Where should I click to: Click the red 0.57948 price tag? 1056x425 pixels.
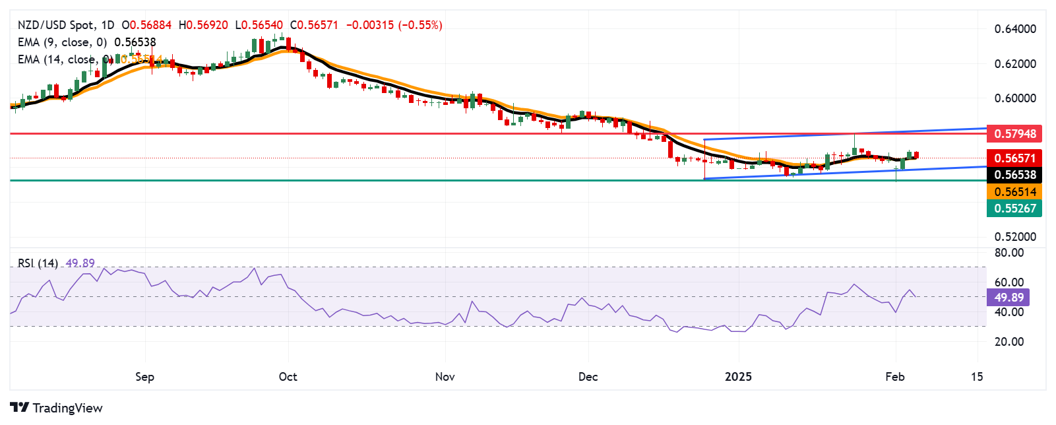1014,134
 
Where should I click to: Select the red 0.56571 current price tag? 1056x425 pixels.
1014,158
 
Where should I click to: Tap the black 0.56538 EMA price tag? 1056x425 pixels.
1014,175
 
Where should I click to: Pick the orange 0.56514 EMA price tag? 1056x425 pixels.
1014,192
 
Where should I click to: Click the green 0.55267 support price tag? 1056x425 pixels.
1014,209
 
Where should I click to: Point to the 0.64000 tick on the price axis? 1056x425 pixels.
1014,29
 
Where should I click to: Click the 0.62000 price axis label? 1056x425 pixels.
1014,64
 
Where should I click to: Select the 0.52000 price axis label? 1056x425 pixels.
1014,237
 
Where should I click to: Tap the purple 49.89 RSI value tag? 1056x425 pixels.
1009,298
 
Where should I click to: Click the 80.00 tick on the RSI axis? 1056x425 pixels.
1009,253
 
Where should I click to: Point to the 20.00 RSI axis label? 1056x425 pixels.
1009,342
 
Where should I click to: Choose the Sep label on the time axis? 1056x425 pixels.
144,377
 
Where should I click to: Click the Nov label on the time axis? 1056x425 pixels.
445,377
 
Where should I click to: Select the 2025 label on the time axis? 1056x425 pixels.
738,377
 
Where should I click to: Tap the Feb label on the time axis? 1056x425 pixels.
894,377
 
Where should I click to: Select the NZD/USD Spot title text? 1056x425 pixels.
55,25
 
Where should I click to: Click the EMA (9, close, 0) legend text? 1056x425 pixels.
62,42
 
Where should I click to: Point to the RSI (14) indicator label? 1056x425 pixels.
38,263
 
